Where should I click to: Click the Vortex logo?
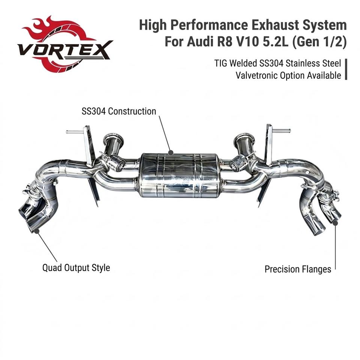coord(65,44)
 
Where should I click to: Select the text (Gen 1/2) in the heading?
coord(319,42)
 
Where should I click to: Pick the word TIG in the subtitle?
coord(221,63)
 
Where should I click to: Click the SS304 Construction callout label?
coord(119,111)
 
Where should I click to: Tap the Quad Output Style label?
coord(76,268)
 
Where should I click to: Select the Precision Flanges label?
coord(298,269)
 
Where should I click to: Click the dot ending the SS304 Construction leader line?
coord(170,152)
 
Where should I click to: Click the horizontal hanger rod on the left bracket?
coord(75,132)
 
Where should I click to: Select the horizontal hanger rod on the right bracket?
coord(282,131)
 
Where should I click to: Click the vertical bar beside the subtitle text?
coord(346,69)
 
